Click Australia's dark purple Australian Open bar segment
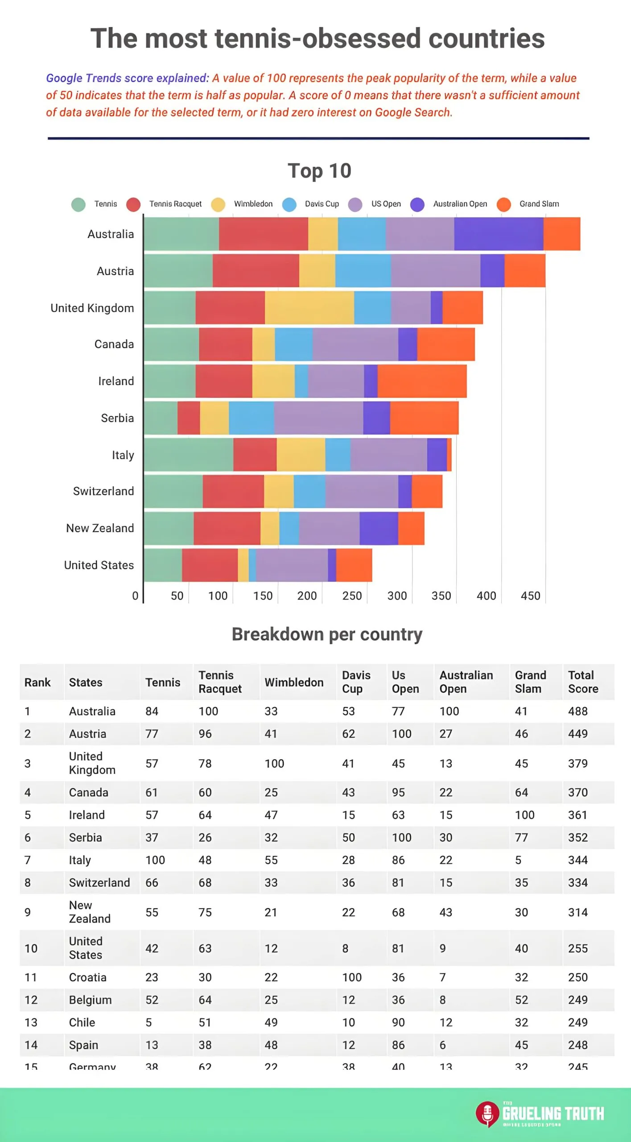point(499,234)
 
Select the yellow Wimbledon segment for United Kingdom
point(309,307)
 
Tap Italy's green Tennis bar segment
point(188,455)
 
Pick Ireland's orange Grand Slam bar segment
point(422,381)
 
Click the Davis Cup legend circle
point(289,204)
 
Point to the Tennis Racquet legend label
point(175,204)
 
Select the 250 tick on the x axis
point(352,596)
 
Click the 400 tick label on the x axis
point(486,596)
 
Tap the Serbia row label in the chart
point(117,418)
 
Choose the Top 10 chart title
point(319,171)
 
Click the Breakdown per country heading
point(327,634)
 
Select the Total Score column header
point(583,682)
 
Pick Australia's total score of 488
point(577,711)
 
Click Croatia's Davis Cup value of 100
point(352,977)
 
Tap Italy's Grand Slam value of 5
point(518,860)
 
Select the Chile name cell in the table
point(82,1022)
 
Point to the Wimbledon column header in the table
point(294,682)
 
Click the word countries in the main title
point(486,38)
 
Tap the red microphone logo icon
point(487,1114)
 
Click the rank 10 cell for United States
point(31,948)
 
